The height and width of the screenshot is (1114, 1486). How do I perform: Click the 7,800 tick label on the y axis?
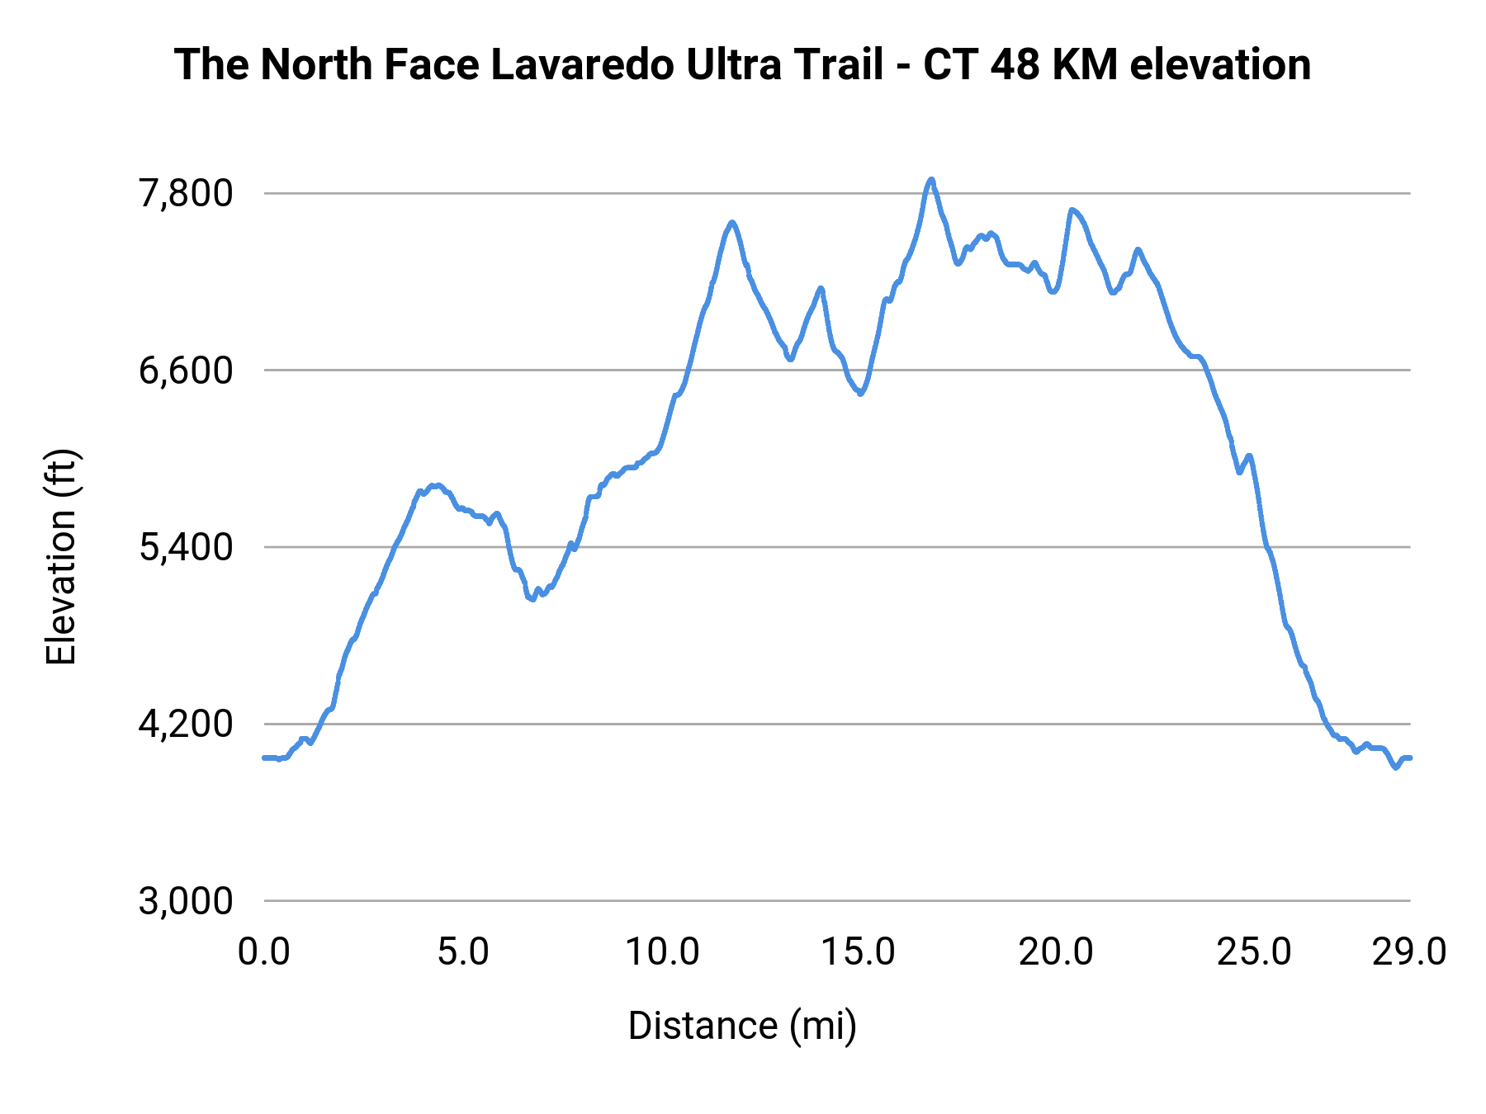pyautogui.click(x=186, y=194)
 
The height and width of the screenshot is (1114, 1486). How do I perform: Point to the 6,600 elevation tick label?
pyautogui.click(x=186, y=371)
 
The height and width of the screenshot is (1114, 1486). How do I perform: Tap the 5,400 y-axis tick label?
pyautogui.click(x=186, y=547)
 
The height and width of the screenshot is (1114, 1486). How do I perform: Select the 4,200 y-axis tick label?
pyautogui.click(x=186, y=725)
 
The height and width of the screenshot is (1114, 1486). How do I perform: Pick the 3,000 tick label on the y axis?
pyautogui.click(x=186, y=901)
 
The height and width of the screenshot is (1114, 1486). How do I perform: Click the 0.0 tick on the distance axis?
pyautogui.click(x=264, y=952)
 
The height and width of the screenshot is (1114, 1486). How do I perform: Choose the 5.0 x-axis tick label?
pyautogui.click(x=463, y=952)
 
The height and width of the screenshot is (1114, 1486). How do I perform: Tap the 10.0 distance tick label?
pyautogui.click(x=661, y=952)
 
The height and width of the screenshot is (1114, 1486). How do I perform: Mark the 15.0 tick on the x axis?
pyautogui.click(x=859, y=952)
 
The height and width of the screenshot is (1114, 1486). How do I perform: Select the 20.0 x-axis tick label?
pyautogui.click(x=1056, y=952)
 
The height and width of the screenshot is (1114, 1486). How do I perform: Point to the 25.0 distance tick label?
pyautogui.click(x=1254, y=952)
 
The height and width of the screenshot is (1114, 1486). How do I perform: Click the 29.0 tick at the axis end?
pyautogui.click(x=1409, y=952)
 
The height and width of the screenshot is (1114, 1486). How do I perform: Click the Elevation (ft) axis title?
pyautogui.click(x=62, y=557)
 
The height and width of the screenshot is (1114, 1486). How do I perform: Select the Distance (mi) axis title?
pyautogui.click(x=742, y=1026)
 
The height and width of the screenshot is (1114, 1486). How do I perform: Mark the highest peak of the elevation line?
pyautogui.click(x=931, y=179)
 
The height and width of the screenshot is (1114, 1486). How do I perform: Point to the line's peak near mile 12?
pyautogui.click(x=731, y=222)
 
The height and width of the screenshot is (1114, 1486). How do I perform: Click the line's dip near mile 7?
pyautogui.click(x=532, y=600)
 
